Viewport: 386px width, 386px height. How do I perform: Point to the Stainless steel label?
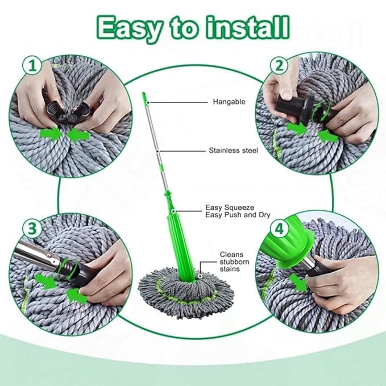tap(233, 151)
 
